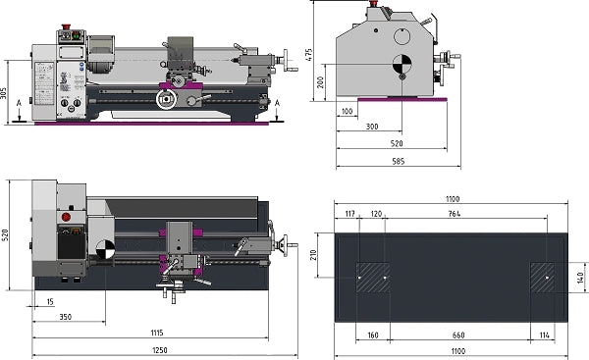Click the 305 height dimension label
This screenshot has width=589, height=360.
point(3,93)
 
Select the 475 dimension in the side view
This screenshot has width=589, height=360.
point(309,54)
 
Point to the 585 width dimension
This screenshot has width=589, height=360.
point(399,162)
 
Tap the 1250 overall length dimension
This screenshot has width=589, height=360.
point(160,350)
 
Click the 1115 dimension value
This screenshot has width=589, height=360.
point(157,333)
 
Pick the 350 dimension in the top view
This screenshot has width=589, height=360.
point(66,317)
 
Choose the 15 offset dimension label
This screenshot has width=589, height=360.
point(50,301)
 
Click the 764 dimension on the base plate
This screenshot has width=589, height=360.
point(455,214)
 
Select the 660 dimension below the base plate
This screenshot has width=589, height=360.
point(458,334)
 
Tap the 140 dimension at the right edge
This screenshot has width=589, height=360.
point(581,278)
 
